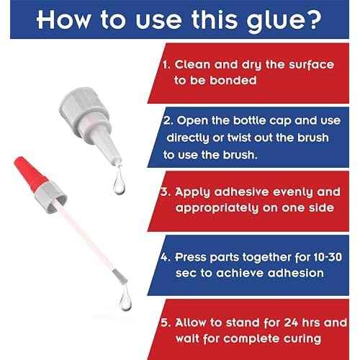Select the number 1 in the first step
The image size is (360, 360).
pos(166,65)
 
